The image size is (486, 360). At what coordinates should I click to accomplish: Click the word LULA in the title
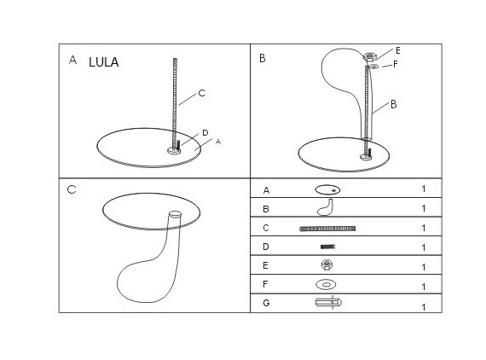(x=103, y=62)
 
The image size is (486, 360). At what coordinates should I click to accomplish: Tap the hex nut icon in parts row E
(x=327, y=264)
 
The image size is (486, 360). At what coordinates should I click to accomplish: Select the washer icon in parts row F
(x=326, y=284)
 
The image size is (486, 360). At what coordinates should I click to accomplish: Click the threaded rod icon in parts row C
(x=327, y=229)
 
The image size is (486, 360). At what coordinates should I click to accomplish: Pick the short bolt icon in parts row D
(x=327, y=247)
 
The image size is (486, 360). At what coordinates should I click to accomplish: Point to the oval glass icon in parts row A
(x=327, y=189)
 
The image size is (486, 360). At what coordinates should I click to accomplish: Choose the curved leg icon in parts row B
(x=325, y=207)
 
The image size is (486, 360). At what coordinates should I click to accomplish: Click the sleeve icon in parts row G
(x=328, y=302)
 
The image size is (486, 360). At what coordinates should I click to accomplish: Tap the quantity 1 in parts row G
(x=424, y=307)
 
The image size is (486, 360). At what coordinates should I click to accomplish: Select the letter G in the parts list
(x=266, y=303)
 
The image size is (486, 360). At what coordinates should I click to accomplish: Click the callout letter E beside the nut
(x=397, y=50)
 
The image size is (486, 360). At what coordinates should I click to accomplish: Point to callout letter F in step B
(x=395, y=64)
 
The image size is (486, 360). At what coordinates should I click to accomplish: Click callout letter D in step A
(x=205, y=133)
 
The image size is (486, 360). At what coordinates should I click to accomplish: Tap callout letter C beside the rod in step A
(x=202, y=93)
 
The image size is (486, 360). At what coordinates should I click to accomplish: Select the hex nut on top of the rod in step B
(x=370, y=56)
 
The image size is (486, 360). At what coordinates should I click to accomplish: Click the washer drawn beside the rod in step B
(x=374, y=66)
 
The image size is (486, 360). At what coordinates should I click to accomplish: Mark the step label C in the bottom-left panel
(x=72, y=189)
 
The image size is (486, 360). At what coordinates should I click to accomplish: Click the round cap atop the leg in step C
(x=175, y=214)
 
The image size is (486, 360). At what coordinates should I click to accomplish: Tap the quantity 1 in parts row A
(x=424, y=189)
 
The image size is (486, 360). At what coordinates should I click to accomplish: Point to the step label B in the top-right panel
(x=263, y=58)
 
